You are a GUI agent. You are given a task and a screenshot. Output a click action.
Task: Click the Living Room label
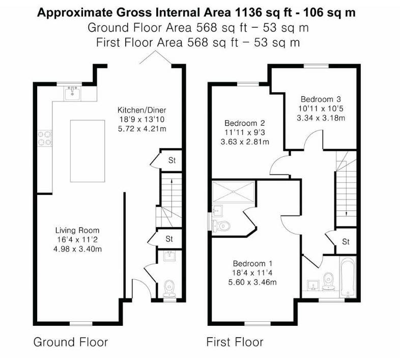(x=77, y=230)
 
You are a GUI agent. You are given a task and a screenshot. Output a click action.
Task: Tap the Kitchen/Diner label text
(x=142, y=110)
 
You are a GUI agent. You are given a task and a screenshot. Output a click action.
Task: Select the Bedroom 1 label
(x=252, y=263)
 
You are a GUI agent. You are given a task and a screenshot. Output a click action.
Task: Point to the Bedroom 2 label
(x=245, y=123)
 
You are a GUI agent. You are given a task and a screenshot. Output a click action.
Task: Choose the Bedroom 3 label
(x=321, y=99)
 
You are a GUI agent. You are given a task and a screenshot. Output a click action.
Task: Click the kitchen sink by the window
(x=73, y=93)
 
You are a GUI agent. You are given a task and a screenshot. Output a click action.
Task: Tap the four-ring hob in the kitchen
(x=45, y=139)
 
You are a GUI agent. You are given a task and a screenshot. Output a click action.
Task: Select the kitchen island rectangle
(x=88, y=151)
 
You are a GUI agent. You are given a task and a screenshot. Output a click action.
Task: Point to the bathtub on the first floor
(x=347, y=278)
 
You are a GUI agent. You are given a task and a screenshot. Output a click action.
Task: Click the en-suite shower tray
(x=234, y=192)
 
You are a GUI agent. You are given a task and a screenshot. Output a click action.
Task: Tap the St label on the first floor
(x=346, y=241)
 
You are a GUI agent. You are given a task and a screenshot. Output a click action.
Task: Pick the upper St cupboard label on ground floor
(x=172, y=160)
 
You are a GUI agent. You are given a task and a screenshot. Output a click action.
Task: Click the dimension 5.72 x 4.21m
(x=142, y=129)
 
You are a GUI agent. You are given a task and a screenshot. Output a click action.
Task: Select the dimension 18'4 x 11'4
(x=252, y=273)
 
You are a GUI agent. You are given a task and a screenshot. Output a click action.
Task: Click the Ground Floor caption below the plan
(x=71, y=342)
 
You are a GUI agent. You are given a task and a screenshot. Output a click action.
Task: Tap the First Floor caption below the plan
(x=235, y=342)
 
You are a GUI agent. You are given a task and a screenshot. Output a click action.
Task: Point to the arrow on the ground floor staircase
(x=171, y=198)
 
